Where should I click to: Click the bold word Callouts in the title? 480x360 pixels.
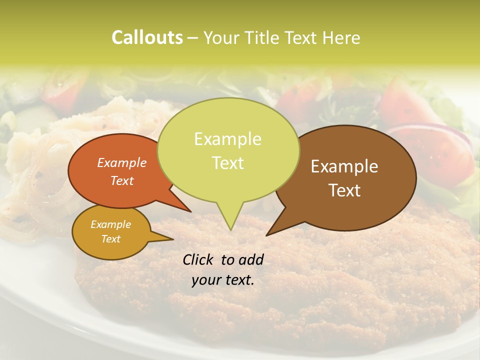coord(147,37)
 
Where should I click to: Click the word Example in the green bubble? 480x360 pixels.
coord(227,139)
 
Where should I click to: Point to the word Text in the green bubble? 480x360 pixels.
coord(227,163)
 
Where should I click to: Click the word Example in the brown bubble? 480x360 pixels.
coord(344,166)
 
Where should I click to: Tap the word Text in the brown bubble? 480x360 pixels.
coord(345,190)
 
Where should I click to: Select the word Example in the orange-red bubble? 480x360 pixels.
coord(122,162)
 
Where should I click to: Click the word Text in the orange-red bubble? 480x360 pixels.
coord(122,180)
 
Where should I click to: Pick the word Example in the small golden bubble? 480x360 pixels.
coord(110,224)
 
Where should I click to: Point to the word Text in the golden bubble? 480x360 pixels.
coord(110,239)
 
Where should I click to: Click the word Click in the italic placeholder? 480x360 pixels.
coord(199,259)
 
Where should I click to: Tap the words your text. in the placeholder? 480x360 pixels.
coord(223,280)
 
